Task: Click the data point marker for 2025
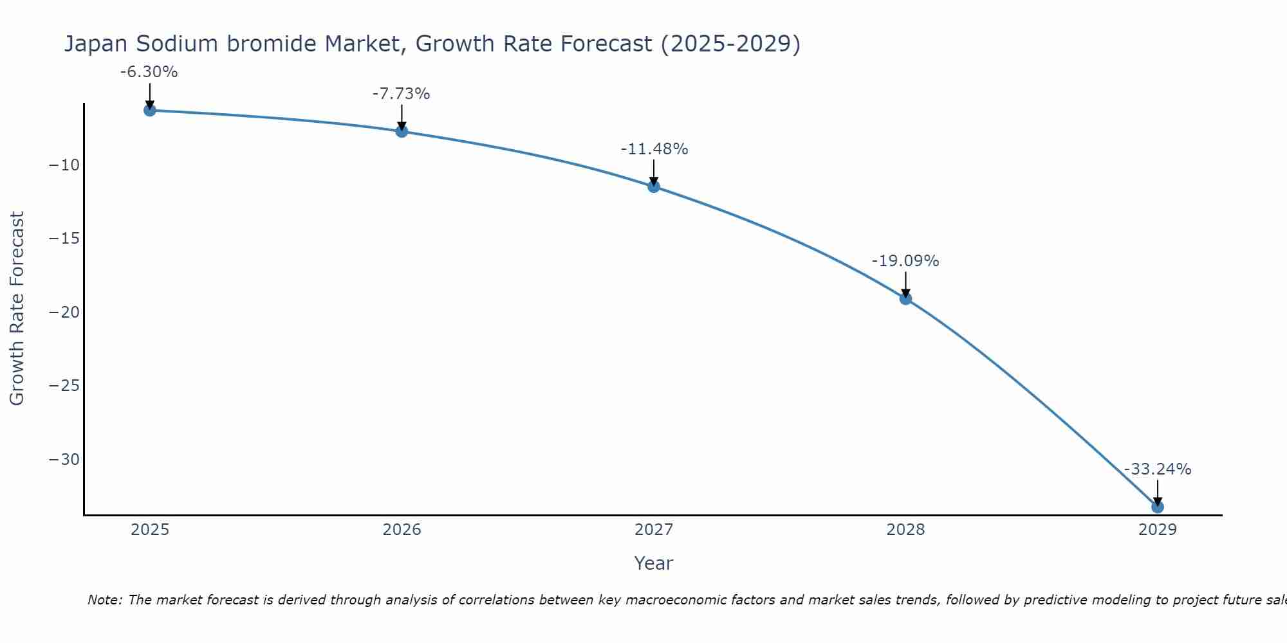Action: point(149,110)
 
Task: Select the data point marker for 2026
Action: point(402,131)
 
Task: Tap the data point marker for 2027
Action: point(654,186)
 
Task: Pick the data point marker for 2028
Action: point(905,298)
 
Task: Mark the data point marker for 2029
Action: point(1158,507)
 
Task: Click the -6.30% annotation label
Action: point(149,72)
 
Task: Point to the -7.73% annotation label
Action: point(401,94)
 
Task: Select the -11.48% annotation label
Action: point(654,149)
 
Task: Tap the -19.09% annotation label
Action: point(905,261)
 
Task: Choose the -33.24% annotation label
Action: point(1158,469)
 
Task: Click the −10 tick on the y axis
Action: point(64,165)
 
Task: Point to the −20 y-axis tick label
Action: point(64,312)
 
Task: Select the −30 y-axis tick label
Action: point(64,460)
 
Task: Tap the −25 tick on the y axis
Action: point(64,386)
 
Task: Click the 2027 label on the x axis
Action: point(654,530)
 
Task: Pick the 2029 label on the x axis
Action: point(1158,530)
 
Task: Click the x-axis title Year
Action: point(653,563)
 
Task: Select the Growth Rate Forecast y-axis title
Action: point(17,308)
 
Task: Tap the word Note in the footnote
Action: point(104,600)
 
